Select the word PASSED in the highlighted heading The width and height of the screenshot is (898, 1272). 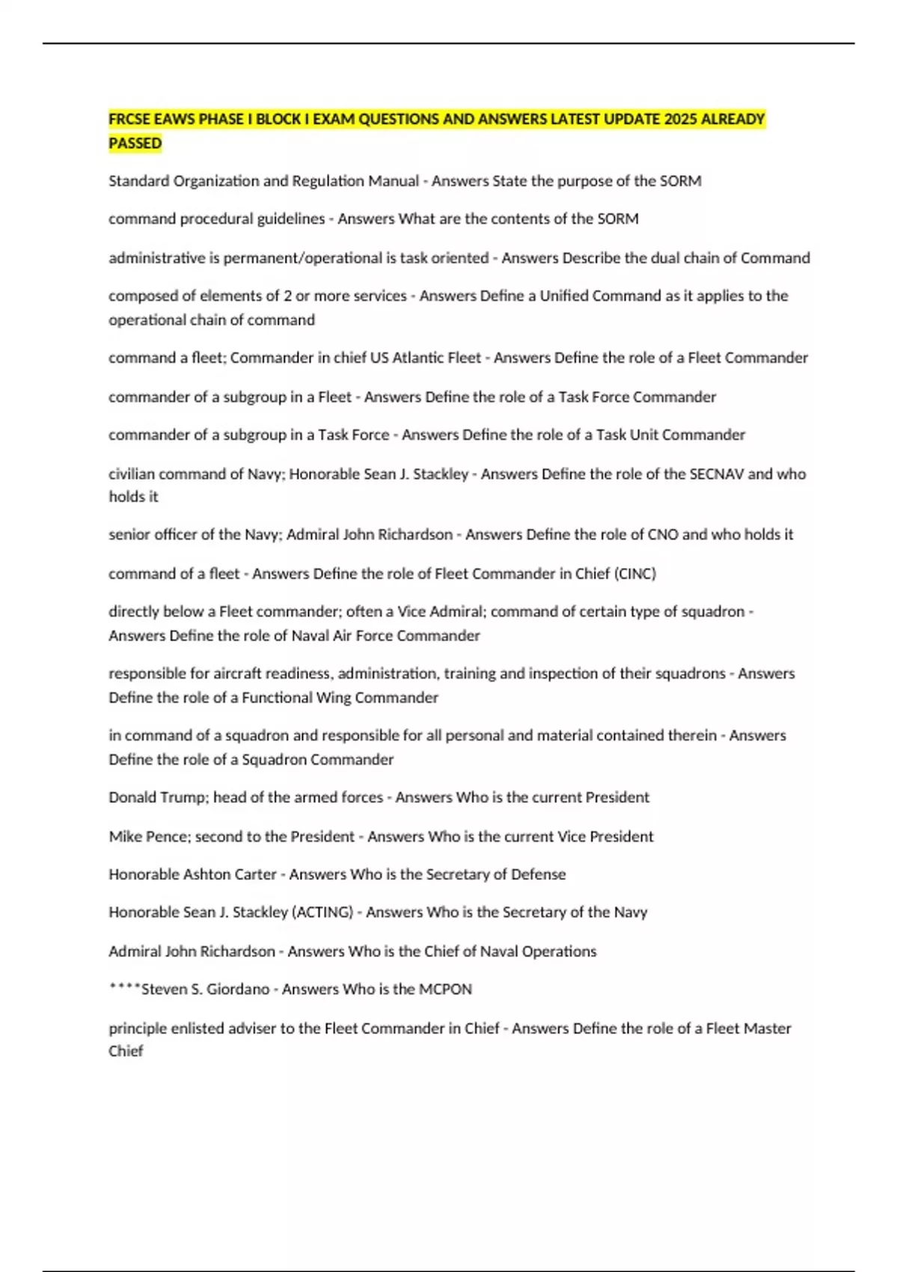(135, 143)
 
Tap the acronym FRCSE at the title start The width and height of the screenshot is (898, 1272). (129, 119)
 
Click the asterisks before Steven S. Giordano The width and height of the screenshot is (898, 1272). (124, 988)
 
